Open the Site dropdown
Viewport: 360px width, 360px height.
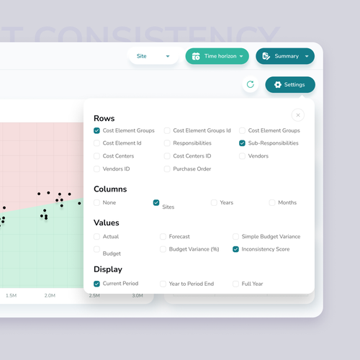tap(153, 56)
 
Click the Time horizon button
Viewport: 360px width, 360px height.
tap(217, 56)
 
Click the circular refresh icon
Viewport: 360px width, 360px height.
tap(250, 84)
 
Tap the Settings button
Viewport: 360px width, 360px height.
tap(289, 85)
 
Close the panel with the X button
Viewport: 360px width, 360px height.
tap(297, 115)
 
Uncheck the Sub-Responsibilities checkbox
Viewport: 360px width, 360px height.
tap(243, 143)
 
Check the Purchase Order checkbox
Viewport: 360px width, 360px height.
tap(167, 169)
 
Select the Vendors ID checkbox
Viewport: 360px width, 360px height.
tap(97, 169)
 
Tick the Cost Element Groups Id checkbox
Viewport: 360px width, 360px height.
tap(167, 131)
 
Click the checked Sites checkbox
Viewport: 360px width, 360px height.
tap(156, 203)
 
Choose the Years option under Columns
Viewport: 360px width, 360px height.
tap(214, 203)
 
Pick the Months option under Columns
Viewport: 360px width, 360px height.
tap(272, 203)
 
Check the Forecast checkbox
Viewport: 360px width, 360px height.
tap(163, 236)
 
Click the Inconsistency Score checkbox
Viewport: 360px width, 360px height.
tap(235, 249)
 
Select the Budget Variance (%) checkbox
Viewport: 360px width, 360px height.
tap(163, 249)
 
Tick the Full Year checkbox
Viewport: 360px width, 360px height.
tap(235, 284)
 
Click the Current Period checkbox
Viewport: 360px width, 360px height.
tap(97, 284)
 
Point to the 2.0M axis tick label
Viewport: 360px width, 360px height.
tap(50, 296)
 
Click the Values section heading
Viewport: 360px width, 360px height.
tap(107, 223)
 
